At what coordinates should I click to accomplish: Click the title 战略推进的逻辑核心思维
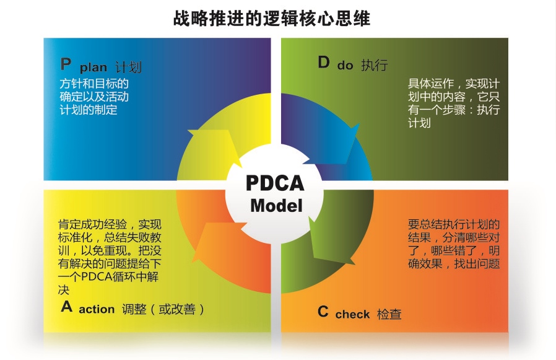[272, 19]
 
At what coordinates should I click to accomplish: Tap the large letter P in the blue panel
[66, 64]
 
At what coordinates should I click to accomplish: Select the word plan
[93, 67]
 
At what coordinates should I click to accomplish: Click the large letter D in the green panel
[324, 63]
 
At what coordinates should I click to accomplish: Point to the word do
[345, 65]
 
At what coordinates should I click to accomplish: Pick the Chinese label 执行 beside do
[375, 65]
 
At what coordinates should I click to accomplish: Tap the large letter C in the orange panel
[323, 312]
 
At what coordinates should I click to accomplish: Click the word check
[352, 314]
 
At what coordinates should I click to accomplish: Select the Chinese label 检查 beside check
[389, 314]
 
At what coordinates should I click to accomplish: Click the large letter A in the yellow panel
[67, 306]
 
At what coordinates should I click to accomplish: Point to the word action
[97, 309]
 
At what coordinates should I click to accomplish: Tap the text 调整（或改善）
[163, 309]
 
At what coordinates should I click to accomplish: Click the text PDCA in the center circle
[275, 183]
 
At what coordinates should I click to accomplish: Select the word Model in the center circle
[277, 206]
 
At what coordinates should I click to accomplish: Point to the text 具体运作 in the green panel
[431, 84]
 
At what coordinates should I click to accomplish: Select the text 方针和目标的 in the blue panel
[94, 84]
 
